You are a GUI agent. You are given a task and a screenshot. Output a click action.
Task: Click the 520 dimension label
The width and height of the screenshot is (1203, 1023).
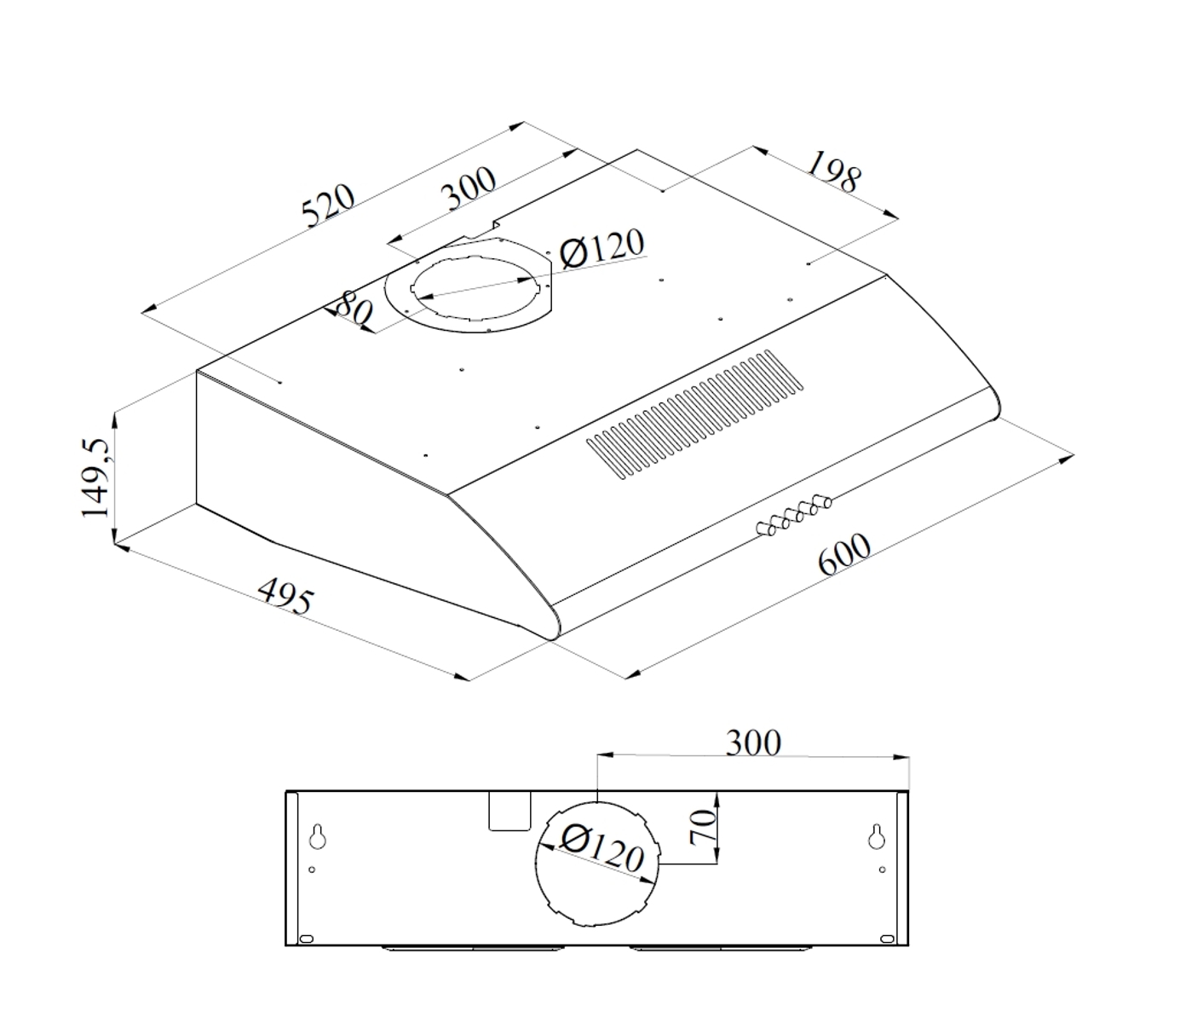328,205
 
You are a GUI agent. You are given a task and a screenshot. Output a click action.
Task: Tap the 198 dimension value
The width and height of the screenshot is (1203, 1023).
833,171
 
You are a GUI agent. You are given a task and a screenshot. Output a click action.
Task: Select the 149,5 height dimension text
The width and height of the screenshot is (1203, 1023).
95,478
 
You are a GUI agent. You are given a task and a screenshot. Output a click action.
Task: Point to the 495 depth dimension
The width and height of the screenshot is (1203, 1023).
285,596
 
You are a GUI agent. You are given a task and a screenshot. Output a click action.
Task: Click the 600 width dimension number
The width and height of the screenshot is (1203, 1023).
844,554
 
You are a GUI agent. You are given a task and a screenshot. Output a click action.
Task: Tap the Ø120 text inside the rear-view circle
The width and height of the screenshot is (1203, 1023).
601,849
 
